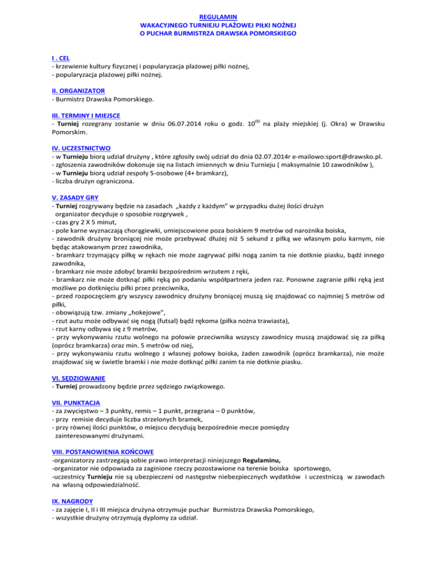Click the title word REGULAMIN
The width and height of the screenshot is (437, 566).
point(218,17)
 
